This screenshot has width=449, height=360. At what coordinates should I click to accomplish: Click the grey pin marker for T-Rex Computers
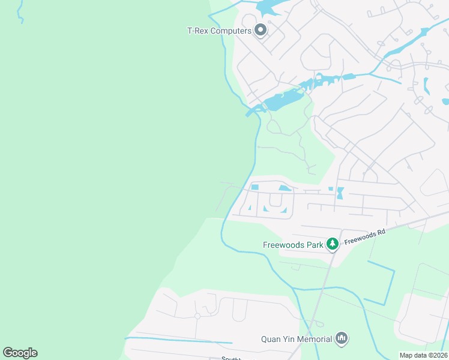click(261, 29)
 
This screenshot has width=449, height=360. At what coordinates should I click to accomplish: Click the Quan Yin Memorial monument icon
click(342, 339)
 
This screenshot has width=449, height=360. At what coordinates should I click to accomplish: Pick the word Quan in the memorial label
click(271, 339)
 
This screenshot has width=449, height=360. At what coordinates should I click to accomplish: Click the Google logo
click(20, 353)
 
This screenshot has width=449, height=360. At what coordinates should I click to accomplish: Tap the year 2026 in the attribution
click(439, 355)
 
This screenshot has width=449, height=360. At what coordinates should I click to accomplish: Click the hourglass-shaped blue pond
click(340, 193)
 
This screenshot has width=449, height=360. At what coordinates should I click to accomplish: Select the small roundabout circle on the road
click(197, 316)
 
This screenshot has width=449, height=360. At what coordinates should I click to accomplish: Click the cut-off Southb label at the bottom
click(231, 358)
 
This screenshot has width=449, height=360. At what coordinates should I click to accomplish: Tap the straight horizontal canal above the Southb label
click(180, 341)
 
